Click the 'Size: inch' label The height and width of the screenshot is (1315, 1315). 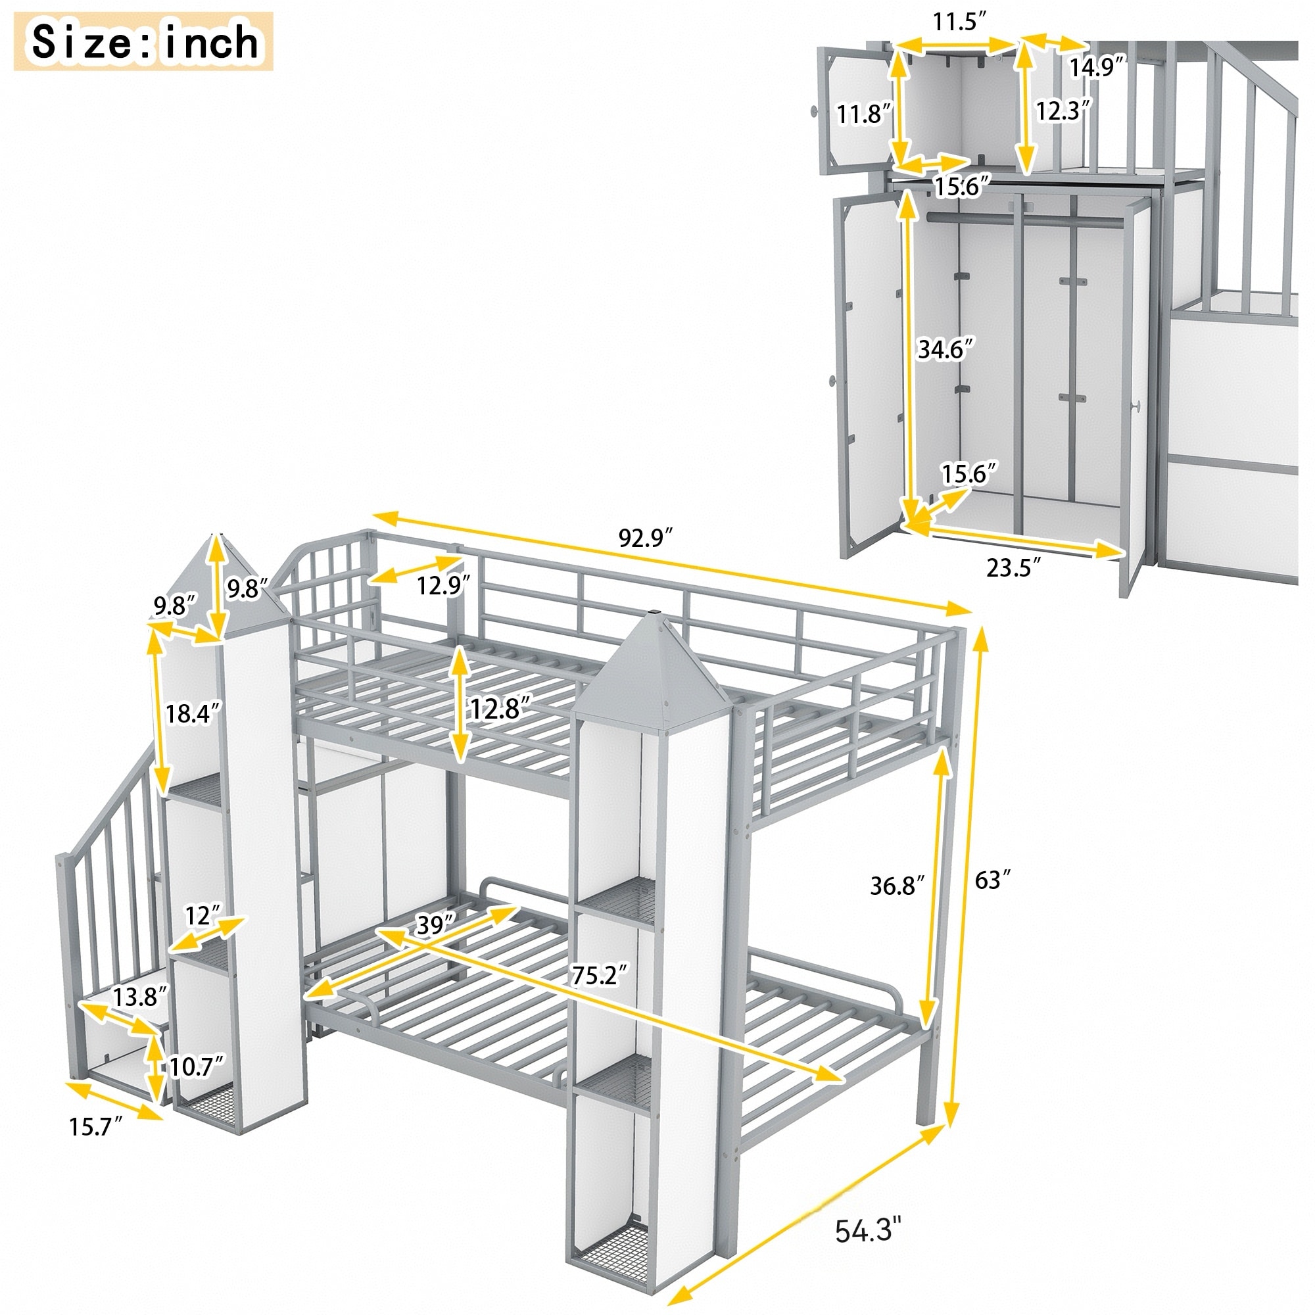(144, 42)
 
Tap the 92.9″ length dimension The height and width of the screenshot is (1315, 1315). (644, 538)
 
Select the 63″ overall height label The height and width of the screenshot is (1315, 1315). (992, 880)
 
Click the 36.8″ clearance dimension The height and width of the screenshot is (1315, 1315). (897, 886)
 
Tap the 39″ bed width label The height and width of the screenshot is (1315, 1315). (434, 924)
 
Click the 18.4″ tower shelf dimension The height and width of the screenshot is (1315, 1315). (193, 713)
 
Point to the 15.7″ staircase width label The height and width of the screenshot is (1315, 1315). (95, 1126)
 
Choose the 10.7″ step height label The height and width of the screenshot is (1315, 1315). (197, 1066)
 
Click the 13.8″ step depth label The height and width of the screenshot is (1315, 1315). (139, 997)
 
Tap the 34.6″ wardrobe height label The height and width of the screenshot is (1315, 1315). (945, 349)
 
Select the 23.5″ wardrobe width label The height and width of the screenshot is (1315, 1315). (1013, 566)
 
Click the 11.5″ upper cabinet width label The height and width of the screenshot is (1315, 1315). (959, 22)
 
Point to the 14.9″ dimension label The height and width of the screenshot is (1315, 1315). (1095, 67)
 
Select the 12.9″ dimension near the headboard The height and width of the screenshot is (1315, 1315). (444, 585)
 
